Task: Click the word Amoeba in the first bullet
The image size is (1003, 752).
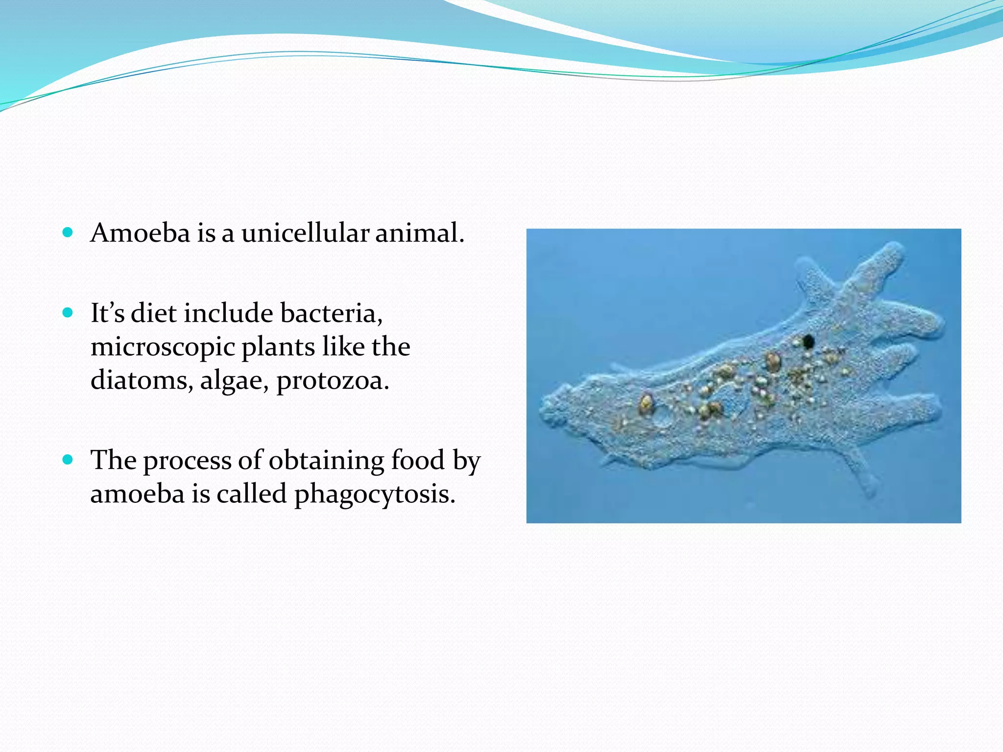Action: pos(140,233)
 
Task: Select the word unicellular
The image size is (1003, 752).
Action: pos(305,233)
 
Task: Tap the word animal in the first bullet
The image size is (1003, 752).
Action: pos(419,233)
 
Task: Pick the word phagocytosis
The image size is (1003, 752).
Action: pos(374,494)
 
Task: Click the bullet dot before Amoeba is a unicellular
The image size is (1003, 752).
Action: pos(68,232)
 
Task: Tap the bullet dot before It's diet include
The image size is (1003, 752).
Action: pos(68,313)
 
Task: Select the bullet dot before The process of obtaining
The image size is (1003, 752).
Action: pos(68,460)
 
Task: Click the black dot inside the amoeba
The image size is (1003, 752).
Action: pos(808,341)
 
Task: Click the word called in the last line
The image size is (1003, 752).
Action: pos(251,493)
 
